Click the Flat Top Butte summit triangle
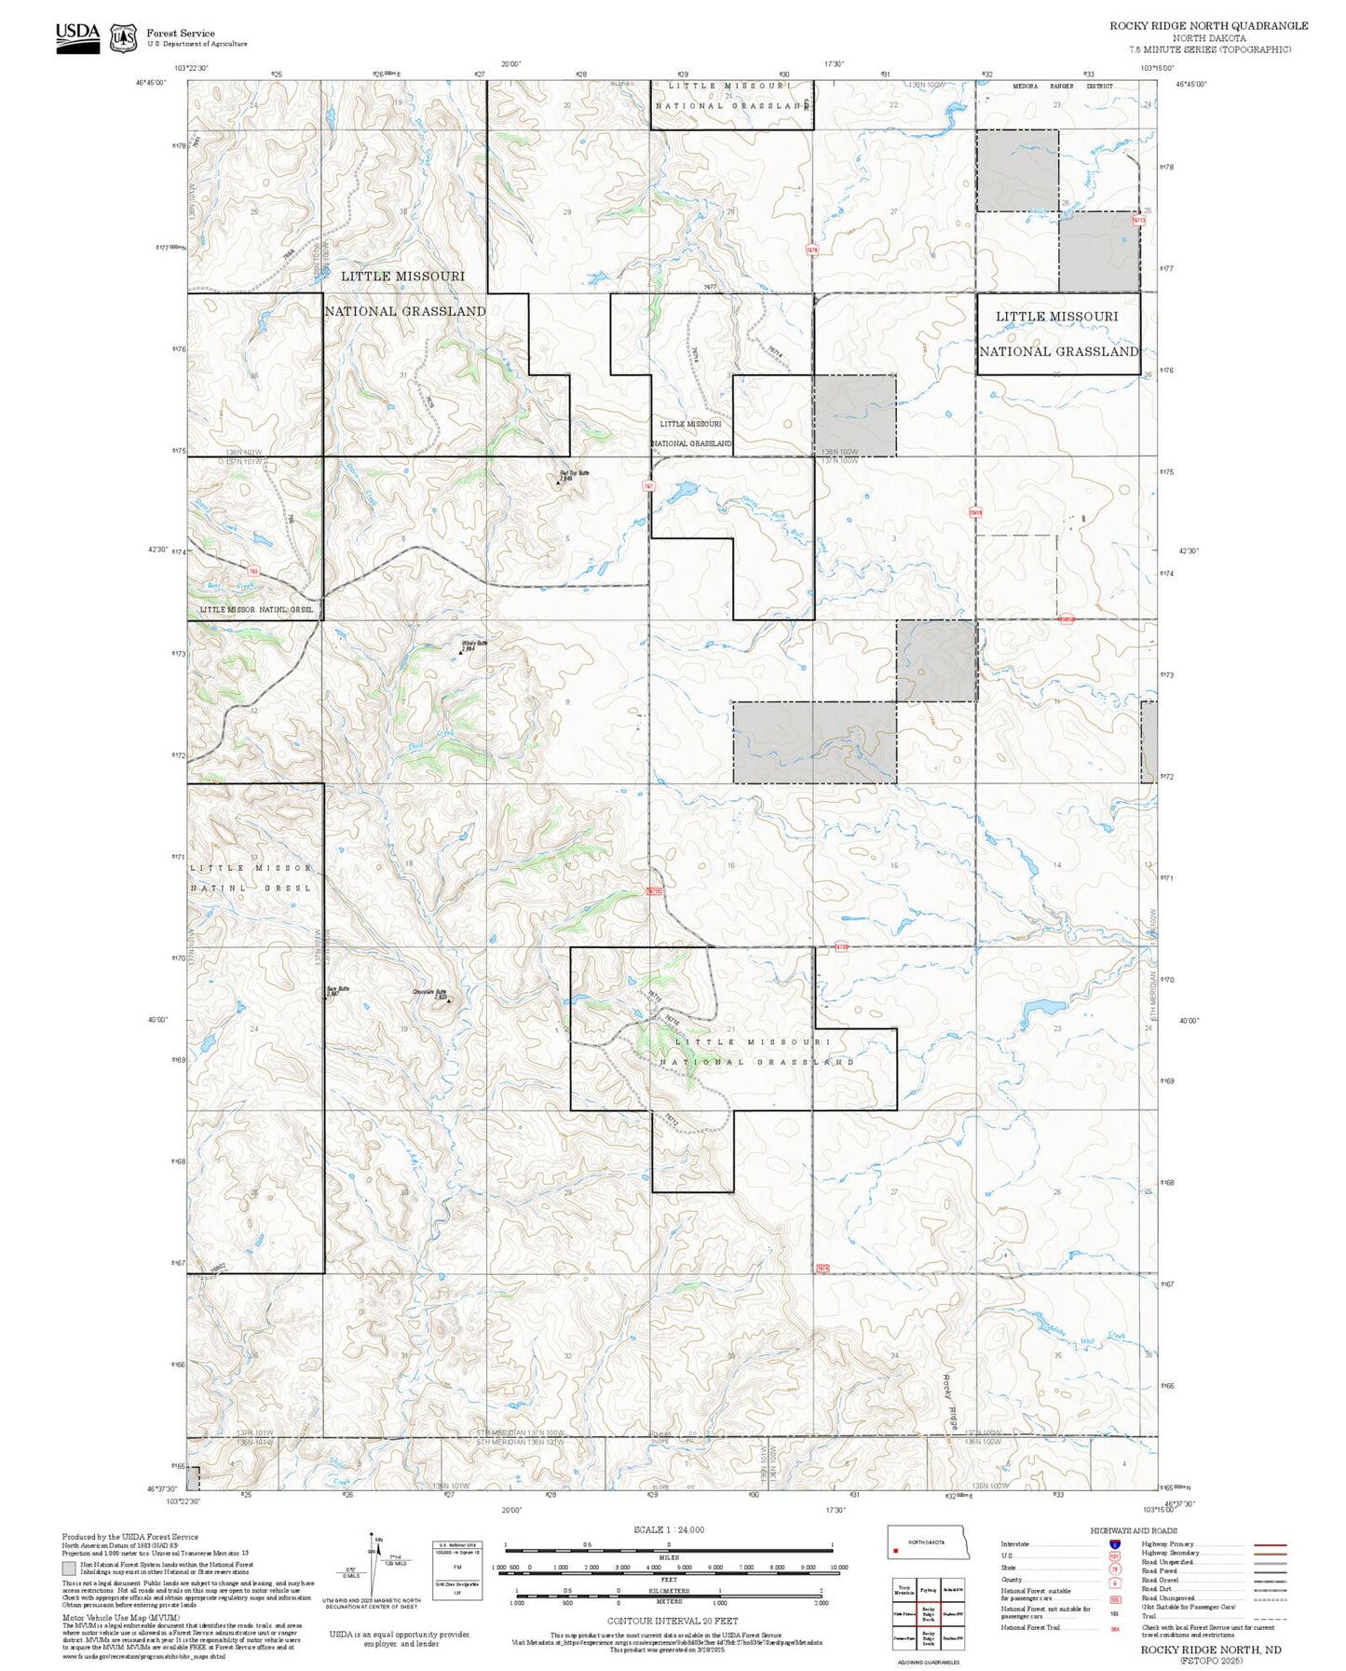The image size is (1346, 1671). point(558,482)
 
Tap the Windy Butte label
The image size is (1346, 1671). point(474,644)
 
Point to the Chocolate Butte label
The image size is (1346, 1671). point(430,992)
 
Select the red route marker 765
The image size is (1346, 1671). point(253,571)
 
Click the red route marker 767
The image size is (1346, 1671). point(647,486)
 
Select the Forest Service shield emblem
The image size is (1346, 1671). point(123,38)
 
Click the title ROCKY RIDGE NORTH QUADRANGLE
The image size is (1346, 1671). point(1208,26)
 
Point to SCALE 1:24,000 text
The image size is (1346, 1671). point(668,1529)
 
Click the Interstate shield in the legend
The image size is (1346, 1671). point(1114,1544)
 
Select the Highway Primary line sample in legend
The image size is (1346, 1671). point(1270,1544)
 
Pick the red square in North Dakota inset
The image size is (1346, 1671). point(896,1552)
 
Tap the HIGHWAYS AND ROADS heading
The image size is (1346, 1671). point(1133,1531)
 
